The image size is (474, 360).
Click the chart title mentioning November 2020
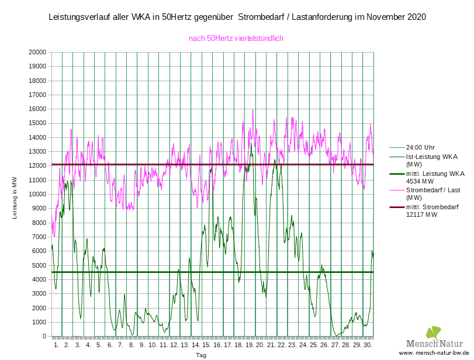coord(237,17)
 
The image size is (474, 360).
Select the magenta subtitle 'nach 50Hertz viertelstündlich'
coord(236,39)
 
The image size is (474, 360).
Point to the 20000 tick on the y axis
coord(37,52)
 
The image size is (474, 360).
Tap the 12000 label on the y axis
coord(37,166)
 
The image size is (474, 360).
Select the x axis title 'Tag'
coord(200,355)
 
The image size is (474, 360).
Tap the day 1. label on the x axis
coord(57,345)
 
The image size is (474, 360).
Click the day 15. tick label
coord(206,345)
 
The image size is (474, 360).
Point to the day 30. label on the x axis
coord(366,345)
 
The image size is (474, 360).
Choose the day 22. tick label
coord(281,345)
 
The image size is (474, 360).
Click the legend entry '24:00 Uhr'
coord(420,147)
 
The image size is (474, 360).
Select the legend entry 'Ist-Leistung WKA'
coord(431,157)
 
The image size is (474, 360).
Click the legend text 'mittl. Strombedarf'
coord(432,207)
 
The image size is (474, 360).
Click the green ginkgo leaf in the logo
coord(433,333)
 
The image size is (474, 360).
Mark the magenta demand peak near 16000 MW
coord(252,110)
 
